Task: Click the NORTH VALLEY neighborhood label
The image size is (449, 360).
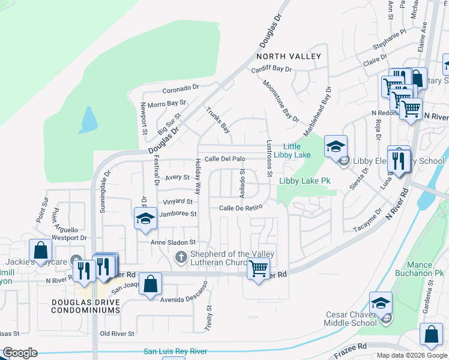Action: (x=288, y=56)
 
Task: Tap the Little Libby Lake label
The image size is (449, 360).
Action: (x=292, y=151)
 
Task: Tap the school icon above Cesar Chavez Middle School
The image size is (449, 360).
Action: (x=381, y=303)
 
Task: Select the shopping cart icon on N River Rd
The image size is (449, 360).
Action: (x=258, y=271)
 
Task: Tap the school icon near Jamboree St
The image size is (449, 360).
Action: (x=145, y=219)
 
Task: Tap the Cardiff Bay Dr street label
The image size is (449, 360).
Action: (x=271, y=68)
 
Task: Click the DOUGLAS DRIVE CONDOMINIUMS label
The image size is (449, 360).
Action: (x=86, y=306)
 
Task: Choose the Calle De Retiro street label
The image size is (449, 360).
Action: (x=241, y=208)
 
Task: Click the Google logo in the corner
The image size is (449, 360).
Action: (x=20, y=353)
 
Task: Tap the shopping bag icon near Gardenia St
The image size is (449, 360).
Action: (x=431, y=336)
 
